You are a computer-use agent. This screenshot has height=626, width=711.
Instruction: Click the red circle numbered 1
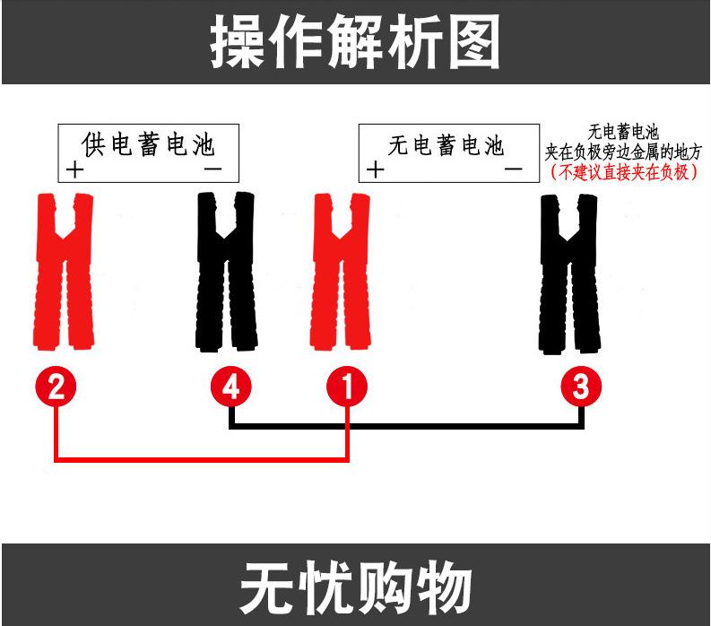pyautogui.click(x=347, y=387)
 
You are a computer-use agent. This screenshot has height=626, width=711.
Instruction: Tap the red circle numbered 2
pyautogui.click(x=56, y=387)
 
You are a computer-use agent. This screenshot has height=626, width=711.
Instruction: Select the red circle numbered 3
pyautogui.click(x=581, y=387)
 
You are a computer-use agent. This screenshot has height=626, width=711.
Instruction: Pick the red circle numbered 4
pyautogui.click(x=231, y=387)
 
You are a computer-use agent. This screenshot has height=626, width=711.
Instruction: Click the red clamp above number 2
pyautogui.click(x=64, y=269)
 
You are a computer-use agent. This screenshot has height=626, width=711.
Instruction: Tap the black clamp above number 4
pyautogui.click(x=226, y=269)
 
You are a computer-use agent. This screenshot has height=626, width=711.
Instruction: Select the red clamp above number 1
pyautogui.click(x=340, y=269)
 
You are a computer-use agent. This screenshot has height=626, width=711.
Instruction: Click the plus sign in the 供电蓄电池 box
pyautogui.click(x=74, y=169)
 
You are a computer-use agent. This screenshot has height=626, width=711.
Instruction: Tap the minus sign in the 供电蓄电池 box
pyautogui.click(x=213, y=169)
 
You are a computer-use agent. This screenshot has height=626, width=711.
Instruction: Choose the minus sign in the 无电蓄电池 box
pyautogui.click(x=513, y=169)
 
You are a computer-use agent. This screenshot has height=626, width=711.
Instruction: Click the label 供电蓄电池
pyautogui.click(x=148, y=143)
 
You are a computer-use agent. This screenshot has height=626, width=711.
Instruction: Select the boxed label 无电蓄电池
pyautogui.click(x=446, y=144)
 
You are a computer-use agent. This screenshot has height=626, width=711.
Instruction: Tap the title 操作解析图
pyautogui.click(x=355, y=42)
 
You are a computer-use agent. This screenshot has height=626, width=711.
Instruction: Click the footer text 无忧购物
pyautogui.click(x=355, y=588)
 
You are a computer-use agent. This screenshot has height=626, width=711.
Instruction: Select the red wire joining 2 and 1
pyautogui.click(x=202, y=459)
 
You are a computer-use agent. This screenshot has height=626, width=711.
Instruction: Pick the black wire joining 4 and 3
pyautogui.click(x=408, y=427)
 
